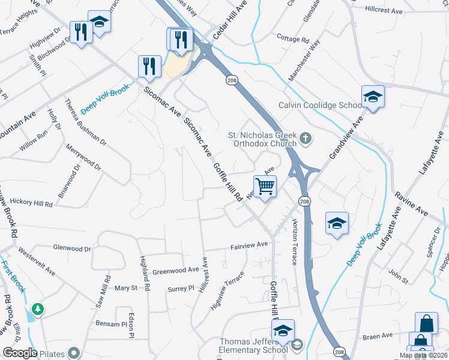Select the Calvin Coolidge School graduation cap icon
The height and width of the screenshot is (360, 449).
click(373, 97)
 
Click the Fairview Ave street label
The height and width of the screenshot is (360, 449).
click(249, 245)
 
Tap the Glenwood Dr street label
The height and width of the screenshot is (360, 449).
click(72, 248)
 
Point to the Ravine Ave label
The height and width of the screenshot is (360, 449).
click(411, 204)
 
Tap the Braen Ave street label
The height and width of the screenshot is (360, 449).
click(378, 336)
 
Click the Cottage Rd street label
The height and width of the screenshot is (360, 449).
click(293, 38)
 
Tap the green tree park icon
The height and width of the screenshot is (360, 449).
click(38, 309)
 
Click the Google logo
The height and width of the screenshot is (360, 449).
click(20, 353)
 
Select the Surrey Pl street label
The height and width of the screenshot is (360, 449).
click(183, 288)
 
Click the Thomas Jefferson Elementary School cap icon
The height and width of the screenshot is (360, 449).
click(283, 331)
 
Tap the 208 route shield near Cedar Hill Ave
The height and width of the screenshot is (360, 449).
click(232, 80)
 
